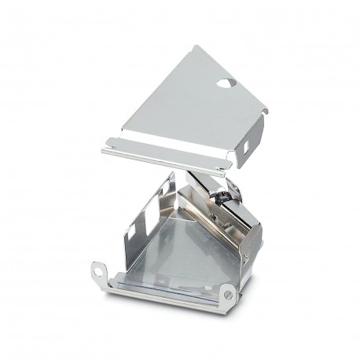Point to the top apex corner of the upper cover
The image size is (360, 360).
pos(194,46)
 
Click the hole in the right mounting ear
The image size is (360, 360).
pos(229,294)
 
